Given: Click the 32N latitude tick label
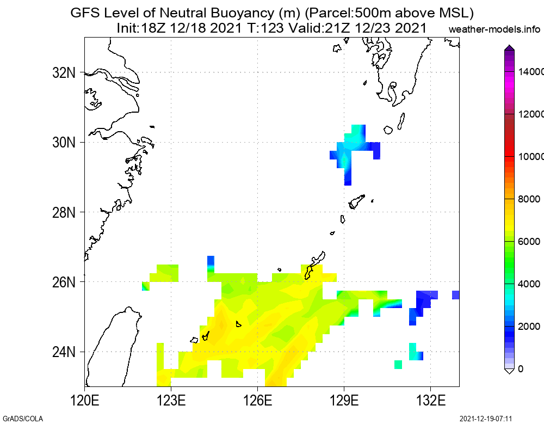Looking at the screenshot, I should click(x=65, y=72).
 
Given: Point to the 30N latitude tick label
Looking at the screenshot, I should click(x=65, y=143).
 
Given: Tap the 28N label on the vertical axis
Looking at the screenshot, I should click(x=65, y=212).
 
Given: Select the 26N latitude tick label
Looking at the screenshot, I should click(x=65, y=282).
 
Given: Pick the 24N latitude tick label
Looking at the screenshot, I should click(x=65, y=352).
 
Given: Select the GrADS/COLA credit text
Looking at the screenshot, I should click(x=22, y=419).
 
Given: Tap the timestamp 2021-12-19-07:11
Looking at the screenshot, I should click(x=486, y=419).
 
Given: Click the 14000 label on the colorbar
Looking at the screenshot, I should click(x=530, y=72).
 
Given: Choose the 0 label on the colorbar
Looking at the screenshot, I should click(x=521, y=369).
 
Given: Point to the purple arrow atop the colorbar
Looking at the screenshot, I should click(x=509, y=48).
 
